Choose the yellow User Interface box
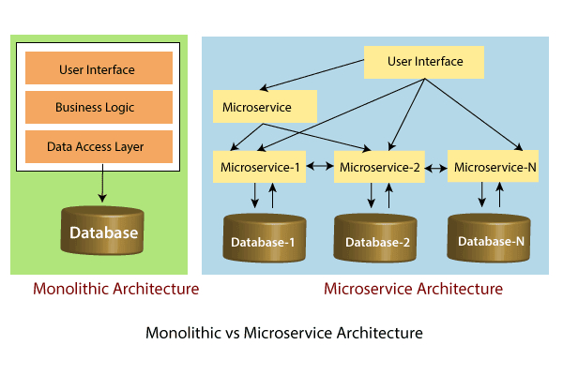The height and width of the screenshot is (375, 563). tap(425, 63)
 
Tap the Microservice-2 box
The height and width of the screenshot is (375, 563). tap(381, 167)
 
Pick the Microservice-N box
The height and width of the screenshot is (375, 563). tap(495, 167)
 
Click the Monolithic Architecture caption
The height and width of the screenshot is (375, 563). tap(115, 289)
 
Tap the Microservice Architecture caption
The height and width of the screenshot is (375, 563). tap(413, 289)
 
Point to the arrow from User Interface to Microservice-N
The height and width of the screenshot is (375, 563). tap(474, 113)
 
